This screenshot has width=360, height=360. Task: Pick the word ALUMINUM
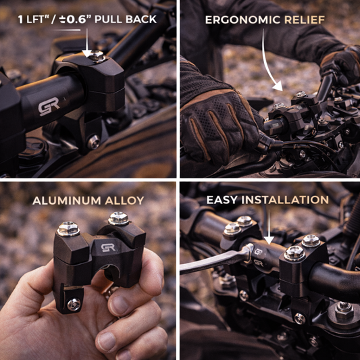point(65,200)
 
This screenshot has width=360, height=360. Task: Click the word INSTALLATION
point(290,200)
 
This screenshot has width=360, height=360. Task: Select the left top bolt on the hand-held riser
point(68,229)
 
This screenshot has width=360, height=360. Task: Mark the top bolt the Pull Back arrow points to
point(97,58)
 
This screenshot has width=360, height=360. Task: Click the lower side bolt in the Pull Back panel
point(93,140)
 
